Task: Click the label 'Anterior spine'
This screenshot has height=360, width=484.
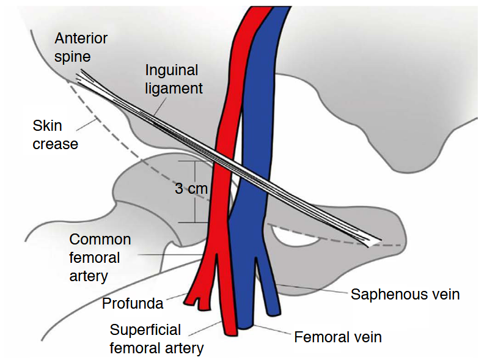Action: coord(81,48)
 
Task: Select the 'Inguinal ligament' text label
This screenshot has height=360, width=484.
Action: coord(174,79)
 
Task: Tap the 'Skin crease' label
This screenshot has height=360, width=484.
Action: coord(55,135)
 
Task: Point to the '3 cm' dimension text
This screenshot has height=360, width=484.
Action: coord(191,188)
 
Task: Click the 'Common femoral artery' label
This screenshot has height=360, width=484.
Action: coord(100,257)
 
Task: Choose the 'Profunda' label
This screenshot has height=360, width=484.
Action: coord(133,304)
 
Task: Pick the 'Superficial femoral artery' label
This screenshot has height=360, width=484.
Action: coord(156,339)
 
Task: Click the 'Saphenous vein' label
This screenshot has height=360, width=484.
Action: coord(405,295)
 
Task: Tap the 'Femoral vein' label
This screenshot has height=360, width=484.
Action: coord(338,337)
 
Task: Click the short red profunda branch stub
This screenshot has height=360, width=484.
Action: coord(202,304)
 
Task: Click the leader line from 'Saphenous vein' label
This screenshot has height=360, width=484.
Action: coord(312,288)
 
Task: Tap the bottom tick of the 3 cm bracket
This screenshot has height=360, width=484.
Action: coord(194,222)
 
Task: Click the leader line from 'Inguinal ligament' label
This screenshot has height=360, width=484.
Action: coord(160,106)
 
